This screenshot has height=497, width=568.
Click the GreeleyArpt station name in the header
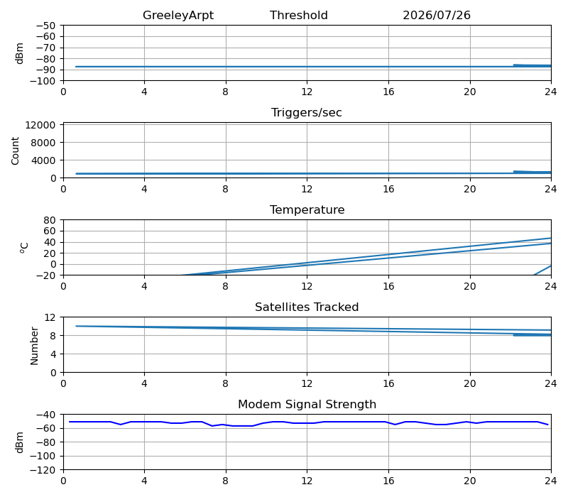(x=178, y=16)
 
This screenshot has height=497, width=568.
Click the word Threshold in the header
(x=299, y=15)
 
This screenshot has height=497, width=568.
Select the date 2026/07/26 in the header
(x=437, y=15)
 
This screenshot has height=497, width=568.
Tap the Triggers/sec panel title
(x=307, y=113)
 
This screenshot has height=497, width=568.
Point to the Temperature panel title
(x=307, y=209)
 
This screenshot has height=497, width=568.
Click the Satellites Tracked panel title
(x=307, y=307)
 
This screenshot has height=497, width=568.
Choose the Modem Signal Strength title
(x=307, y=404)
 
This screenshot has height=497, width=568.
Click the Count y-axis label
(x=15, y=151)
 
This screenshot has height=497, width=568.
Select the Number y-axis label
(x=34, y=346)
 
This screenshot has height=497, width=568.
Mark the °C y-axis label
(x=24, y=247)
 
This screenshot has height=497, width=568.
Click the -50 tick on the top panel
(x=45, y=26)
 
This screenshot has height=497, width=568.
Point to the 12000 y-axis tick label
(x=40, y=125)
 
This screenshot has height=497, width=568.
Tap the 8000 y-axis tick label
(x=43, y=143)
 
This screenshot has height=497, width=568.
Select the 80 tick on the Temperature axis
(x=50, y=220)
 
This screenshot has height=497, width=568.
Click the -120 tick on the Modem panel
(x=43, y=470)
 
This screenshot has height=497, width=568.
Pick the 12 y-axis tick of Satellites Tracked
(x=50, y=317)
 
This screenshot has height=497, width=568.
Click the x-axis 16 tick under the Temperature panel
(x=388, y=286)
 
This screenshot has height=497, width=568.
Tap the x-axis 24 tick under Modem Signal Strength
(x=551, y=481)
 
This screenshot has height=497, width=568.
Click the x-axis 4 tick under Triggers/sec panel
(x=145, y=189)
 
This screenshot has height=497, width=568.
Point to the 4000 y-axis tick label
(x=43, y=160)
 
